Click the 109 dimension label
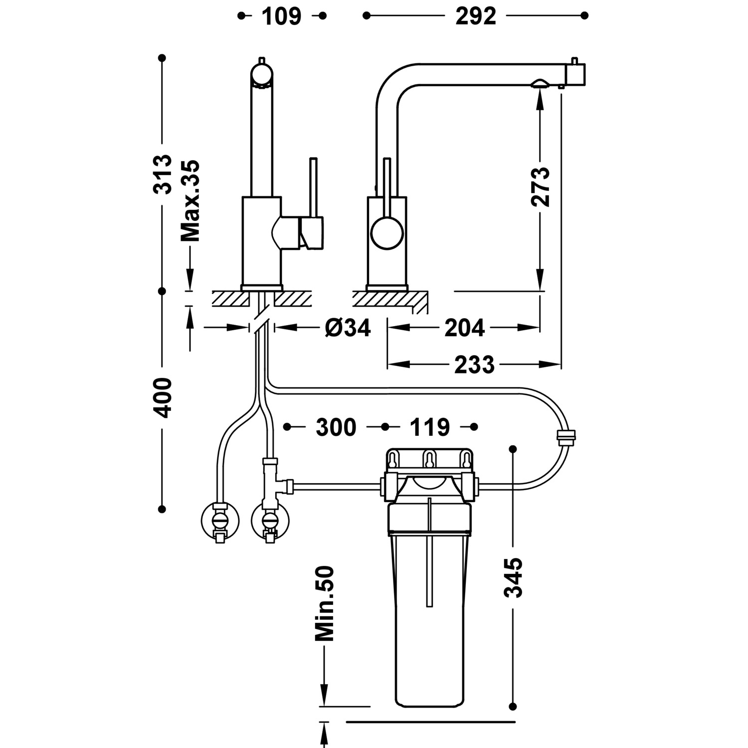[282, 16]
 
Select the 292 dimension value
[476, 16]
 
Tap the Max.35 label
[190, 200]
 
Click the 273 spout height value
[540, 187]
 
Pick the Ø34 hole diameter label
[348, 328]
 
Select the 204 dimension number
[464, 328]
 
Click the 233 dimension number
[474, 365]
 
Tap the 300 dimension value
[336, 427]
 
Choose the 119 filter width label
[430, 427]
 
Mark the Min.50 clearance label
[325, 603]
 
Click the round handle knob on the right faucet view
[386, 234]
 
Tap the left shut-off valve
[219, 521]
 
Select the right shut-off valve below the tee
[270, 521]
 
